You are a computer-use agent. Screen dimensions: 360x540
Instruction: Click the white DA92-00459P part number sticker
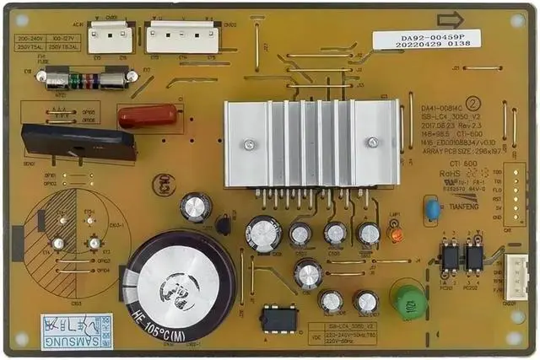click(x=427, y=40)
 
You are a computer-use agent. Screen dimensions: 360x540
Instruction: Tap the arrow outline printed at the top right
click(x=450, y=19)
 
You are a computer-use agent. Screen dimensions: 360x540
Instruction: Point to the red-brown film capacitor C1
click(x=147, y=116)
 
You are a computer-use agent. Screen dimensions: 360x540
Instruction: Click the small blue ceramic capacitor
click(x=433, y=208)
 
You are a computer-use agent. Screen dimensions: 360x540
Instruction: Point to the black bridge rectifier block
click(x=78, y=142)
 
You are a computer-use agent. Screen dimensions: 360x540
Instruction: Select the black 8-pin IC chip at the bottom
click(x=279, y=319)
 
